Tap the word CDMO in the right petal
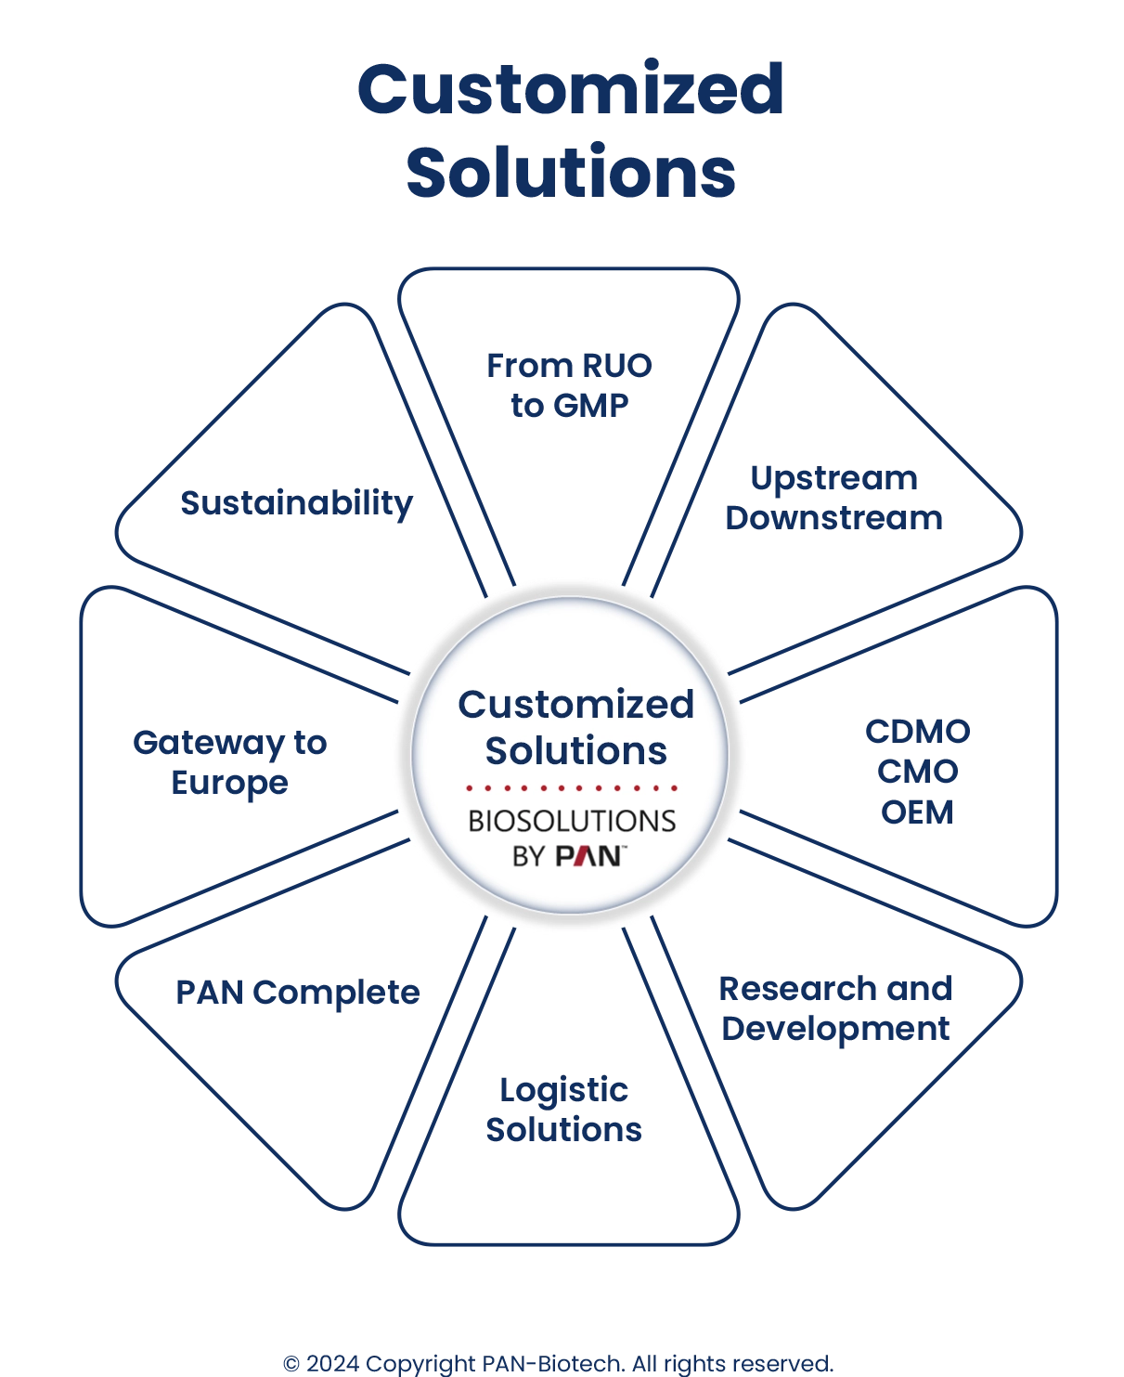[917, 731]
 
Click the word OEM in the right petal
[917, 812]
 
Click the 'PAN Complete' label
[296, 993]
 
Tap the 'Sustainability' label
[295, 504]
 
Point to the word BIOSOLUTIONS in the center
[572, 821]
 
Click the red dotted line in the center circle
[572, 788]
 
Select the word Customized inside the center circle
[575, 705]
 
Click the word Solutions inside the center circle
[575, 750]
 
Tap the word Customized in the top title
[570, 90]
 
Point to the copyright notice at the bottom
[560, 1363]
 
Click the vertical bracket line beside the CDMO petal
[1054, 752]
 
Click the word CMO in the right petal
[917, 772]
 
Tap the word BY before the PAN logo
[528, 855]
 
